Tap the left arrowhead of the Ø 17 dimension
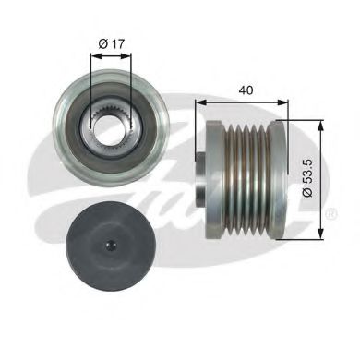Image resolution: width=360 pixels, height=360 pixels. point(94,54)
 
